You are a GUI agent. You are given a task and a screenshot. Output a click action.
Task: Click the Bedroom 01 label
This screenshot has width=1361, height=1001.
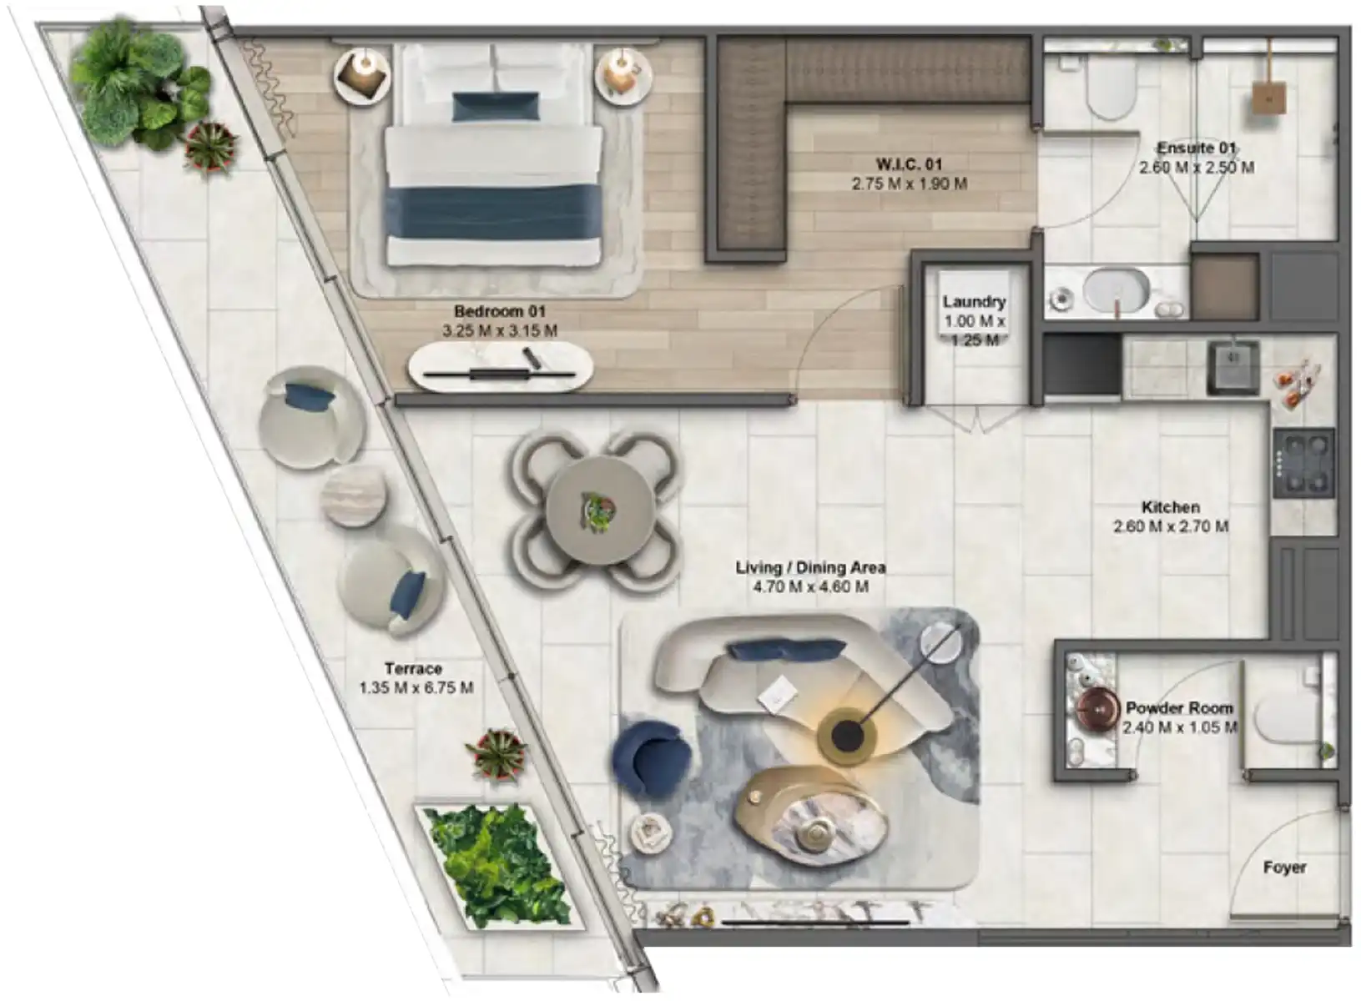500,311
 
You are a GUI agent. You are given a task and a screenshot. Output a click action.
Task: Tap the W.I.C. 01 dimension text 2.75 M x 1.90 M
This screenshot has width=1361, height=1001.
909,184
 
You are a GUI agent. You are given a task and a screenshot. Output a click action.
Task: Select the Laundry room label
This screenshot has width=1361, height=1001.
974,301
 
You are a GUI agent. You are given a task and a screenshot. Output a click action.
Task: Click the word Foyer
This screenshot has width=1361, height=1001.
1284,868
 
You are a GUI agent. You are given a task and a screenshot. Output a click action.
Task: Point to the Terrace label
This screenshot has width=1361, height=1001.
413,668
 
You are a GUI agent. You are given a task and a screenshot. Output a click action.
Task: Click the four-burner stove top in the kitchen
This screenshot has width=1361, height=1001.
1304,464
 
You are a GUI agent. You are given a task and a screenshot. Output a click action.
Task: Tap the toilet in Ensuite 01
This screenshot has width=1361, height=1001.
1111,90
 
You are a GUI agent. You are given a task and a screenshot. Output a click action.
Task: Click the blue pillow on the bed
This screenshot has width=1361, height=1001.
495,107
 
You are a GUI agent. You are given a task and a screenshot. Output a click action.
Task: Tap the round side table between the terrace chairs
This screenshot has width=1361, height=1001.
354,496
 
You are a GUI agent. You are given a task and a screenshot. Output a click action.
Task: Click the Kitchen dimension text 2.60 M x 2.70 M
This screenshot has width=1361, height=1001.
1171,526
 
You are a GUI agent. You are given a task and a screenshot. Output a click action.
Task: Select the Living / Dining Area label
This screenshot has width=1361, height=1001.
810,566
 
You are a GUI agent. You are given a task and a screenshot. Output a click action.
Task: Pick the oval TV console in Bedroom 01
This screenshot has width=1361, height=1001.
500,365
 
